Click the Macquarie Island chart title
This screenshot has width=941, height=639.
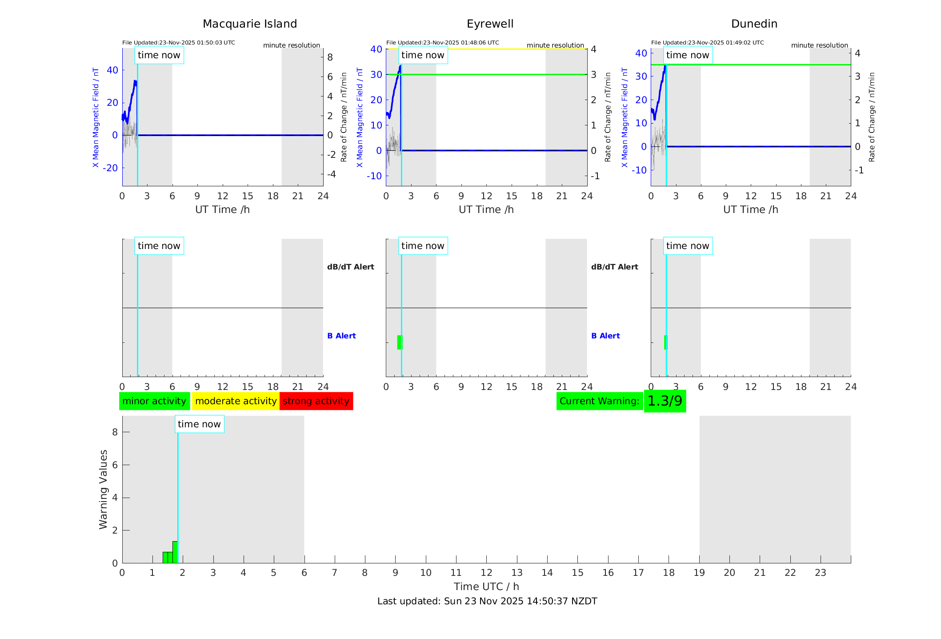click(x=250, y=24)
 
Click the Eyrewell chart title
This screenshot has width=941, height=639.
click(x=490, y=24)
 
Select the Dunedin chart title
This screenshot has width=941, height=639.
click(x=754, y=24)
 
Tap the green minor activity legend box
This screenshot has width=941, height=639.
click(x=154, y=401)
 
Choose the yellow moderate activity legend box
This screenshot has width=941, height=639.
click(x=236, y=401)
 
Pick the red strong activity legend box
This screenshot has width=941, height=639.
click(x=316, y=401)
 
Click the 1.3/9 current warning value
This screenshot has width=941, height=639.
click(x=665, y=401)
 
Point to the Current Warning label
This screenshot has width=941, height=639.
click(x=599, y=401)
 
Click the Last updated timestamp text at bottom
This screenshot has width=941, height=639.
click(x=487, y=601)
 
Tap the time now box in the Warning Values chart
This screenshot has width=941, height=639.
click(x=199, y=424)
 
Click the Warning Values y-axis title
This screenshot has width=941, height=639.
click(x=103, y=489)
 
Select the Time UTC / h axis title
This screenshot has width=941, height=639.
click(x=486, y=587)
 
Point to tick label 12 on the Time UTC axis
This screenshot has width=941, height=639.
click(x=486, y=573)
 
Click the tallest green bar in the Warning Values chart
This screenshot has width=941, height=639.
click(x=175, y=552)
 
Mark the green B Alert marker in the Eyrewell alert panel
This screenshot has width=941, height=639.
click(x=399, y=342)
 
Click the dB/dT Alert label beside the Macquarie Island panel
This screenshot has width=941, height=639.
click(x=350, y=267)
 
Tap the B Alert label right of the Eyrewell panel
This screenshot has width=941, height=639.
click(x=605, y=336)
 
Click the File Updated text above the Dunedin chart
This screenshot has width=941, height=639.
click(x=707, y=43)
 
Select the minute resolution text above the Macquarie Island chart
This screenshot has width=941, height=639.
click(x=291, y=45)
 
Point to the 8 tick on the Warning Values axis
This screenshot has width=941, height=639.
click(x=115, y=432)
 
